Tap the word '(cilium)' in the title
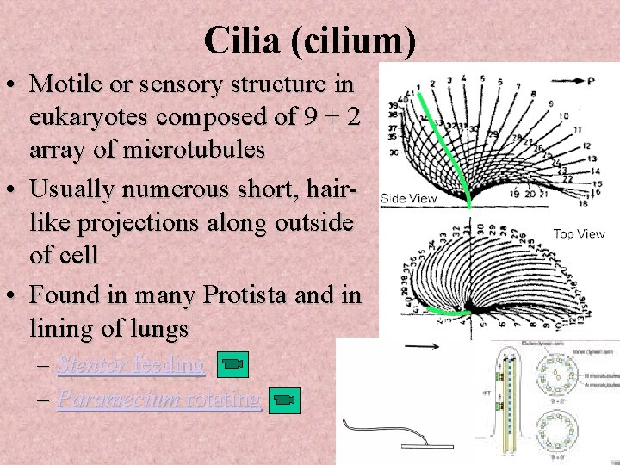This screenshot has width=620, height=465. coord(356,40)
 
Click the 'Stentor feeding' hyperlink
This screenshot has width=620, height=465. coord(131,364)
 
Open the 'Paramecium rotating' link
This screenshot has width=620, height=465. coord(158,400)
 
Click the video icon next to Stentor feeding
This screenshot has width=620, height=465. coord(230,365)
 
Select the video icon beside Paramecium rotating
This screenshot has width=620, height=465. coord(285,400)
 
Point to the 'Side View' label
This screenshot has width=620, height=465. coord(409,198)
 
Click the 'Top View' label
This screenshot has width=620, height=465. coord(579,233)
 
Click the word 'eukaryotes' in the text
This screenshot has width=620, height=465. coord(97,117)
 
